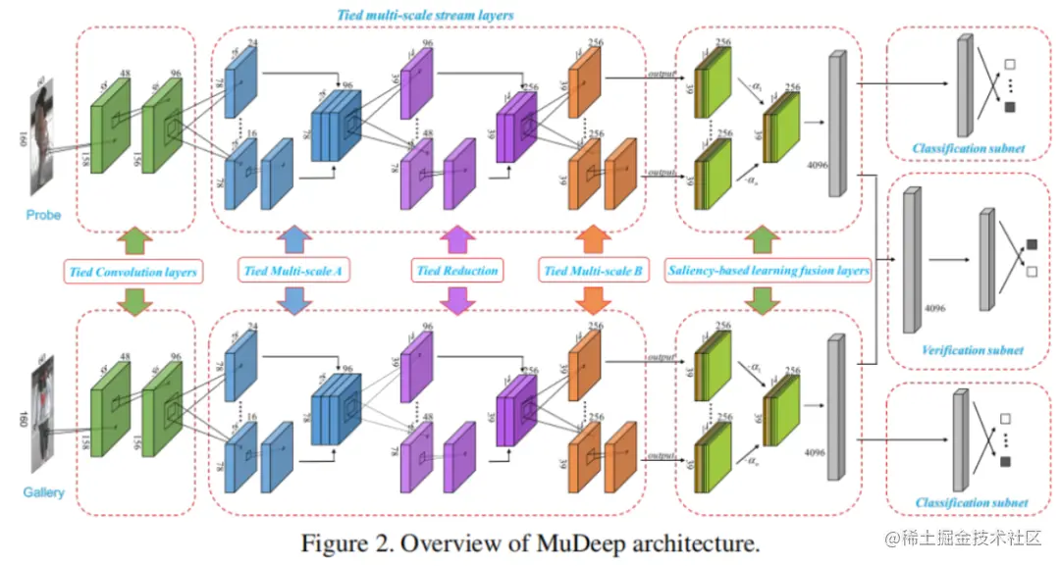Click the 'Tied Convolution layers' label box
point(133,271)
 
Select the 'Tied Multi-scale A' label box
point(292,271)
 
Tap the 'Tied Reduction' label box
point(457,271)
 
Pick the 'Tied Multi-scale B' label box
point(592,271)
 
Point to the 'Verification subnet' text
point(972,350)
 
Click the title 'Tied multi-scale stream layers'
point(425,16)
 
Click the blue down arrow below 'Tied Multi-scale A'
point(292,299)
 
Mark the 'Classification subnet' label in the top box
point(968,149)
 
